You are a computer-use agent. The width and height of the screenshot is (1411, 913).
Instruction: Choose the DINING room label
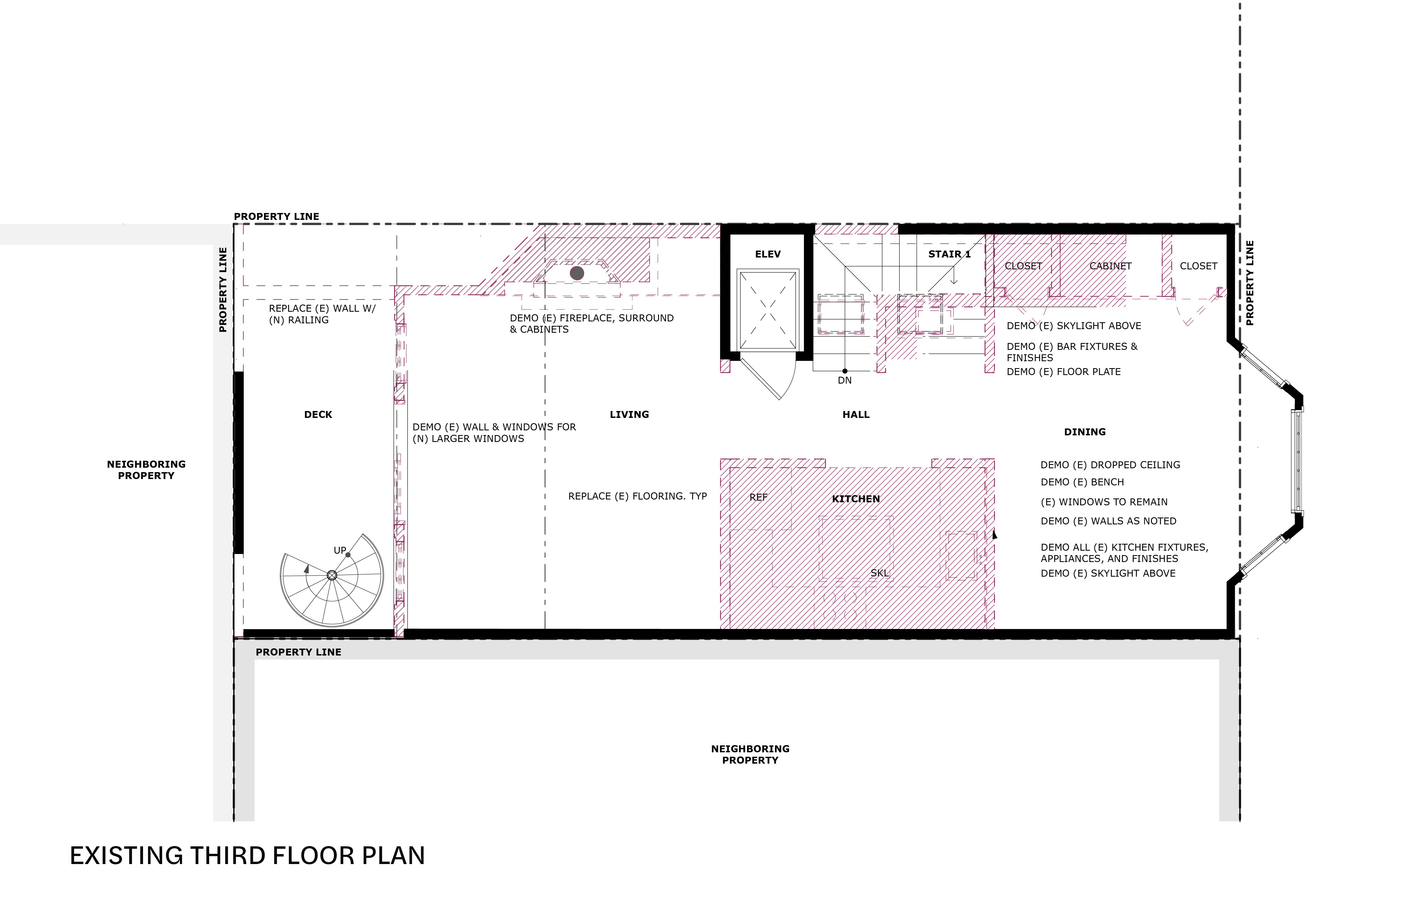(1085, 432)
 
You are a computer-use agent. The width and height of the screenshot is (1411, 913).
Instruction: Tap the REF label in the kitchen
(758, 497)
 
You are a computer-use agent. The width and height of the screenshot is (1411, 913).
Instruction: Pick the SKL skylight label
(880, 573)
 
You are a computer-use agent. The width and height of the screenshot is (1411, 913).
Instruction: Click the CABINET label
(1111, 266)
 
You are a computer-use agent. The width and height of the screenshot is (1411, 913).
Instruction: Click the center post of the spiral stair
(332, 575)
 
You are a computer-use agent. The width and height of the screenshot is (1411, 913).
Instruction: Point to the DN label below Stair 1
(845, 381)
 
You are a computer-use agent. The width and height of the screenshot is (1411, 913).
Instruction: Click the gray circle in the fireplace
(577, 273)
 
